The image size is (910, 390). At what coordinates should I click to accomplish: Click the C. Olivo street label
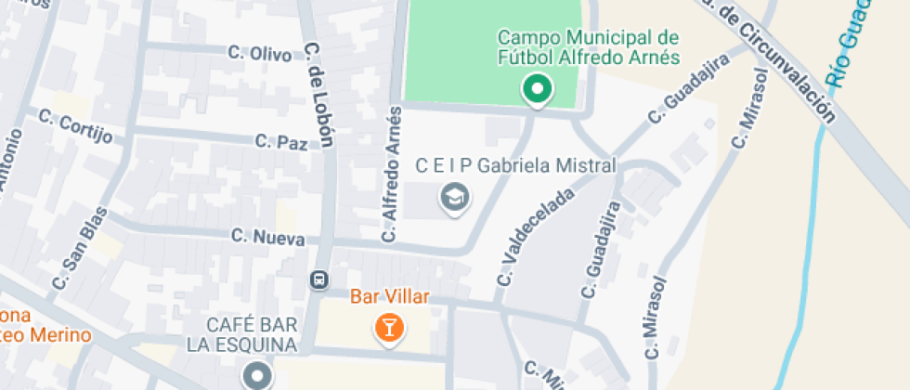pyautogui.click(x=260, y=54)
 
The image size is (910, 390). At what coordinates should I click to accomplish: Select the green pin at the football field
pyautogui.click(x=536, y=90)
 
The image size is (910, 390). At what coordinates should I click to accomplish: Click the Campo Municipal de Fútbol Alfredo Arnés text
pyautogui.click(x=589, y=47)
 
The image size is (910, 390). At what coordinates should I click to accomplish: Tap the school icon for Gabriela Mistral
pyautogui.click(x=454, y=198)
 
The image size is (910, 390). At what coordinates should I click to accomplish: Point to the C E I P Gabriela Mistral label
pyautogui.click(x=515, y=166)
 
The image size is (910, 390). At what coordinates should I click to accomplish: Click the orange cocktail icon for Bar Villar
pyautogui.click(x=388, y=327)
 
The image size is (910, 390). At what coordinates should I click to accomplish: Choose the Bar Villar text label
pyautogui.click(x=389, y=298)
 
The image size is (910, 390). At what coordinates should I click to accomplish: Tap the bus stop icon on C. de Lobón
pyautogui.click(x=319, y=279)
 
